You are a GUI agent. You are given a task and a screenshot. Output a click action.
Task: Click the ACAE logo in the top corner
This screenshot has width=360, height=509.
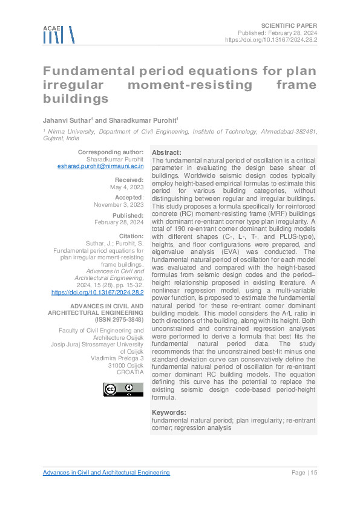pos(59,35)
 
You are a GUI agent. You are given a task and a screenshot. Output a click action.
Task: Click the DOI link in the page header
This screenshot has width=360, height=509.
pos(271,39)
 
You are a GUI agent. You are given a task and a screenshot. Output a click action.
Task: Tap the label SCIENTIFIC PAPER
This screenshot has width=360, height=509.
pos(289,25)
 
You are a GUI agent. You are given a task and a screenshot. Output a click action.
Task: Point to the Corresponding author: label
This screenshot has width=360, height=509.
pos(111,151)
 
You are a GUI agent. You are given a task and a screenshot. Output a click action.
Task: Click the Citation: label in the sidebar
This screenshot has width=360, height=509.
pos(131,236)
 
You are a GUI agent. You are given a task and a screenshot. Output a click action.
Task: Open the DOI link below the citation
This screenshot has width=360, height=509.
pos(98,292)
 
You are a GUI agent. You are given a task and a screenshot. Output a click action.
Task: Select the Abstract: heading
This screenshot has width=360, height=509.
pos(166,152)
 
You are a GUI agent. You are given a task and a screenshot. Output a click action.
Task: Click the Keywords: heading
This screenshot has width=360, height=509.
pos(169,412)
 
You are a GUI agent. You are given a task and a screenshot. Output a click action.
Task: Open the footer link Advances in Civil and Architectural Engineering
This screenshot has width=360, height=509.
pos(106,473)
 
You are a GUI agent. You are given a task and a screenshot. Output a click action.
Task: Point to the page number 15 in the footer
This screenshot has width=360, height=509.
pos(313,473)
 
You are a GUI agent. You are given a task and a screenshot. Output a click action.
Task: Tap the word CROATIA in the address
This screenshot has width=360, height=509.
pos(130,372)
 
